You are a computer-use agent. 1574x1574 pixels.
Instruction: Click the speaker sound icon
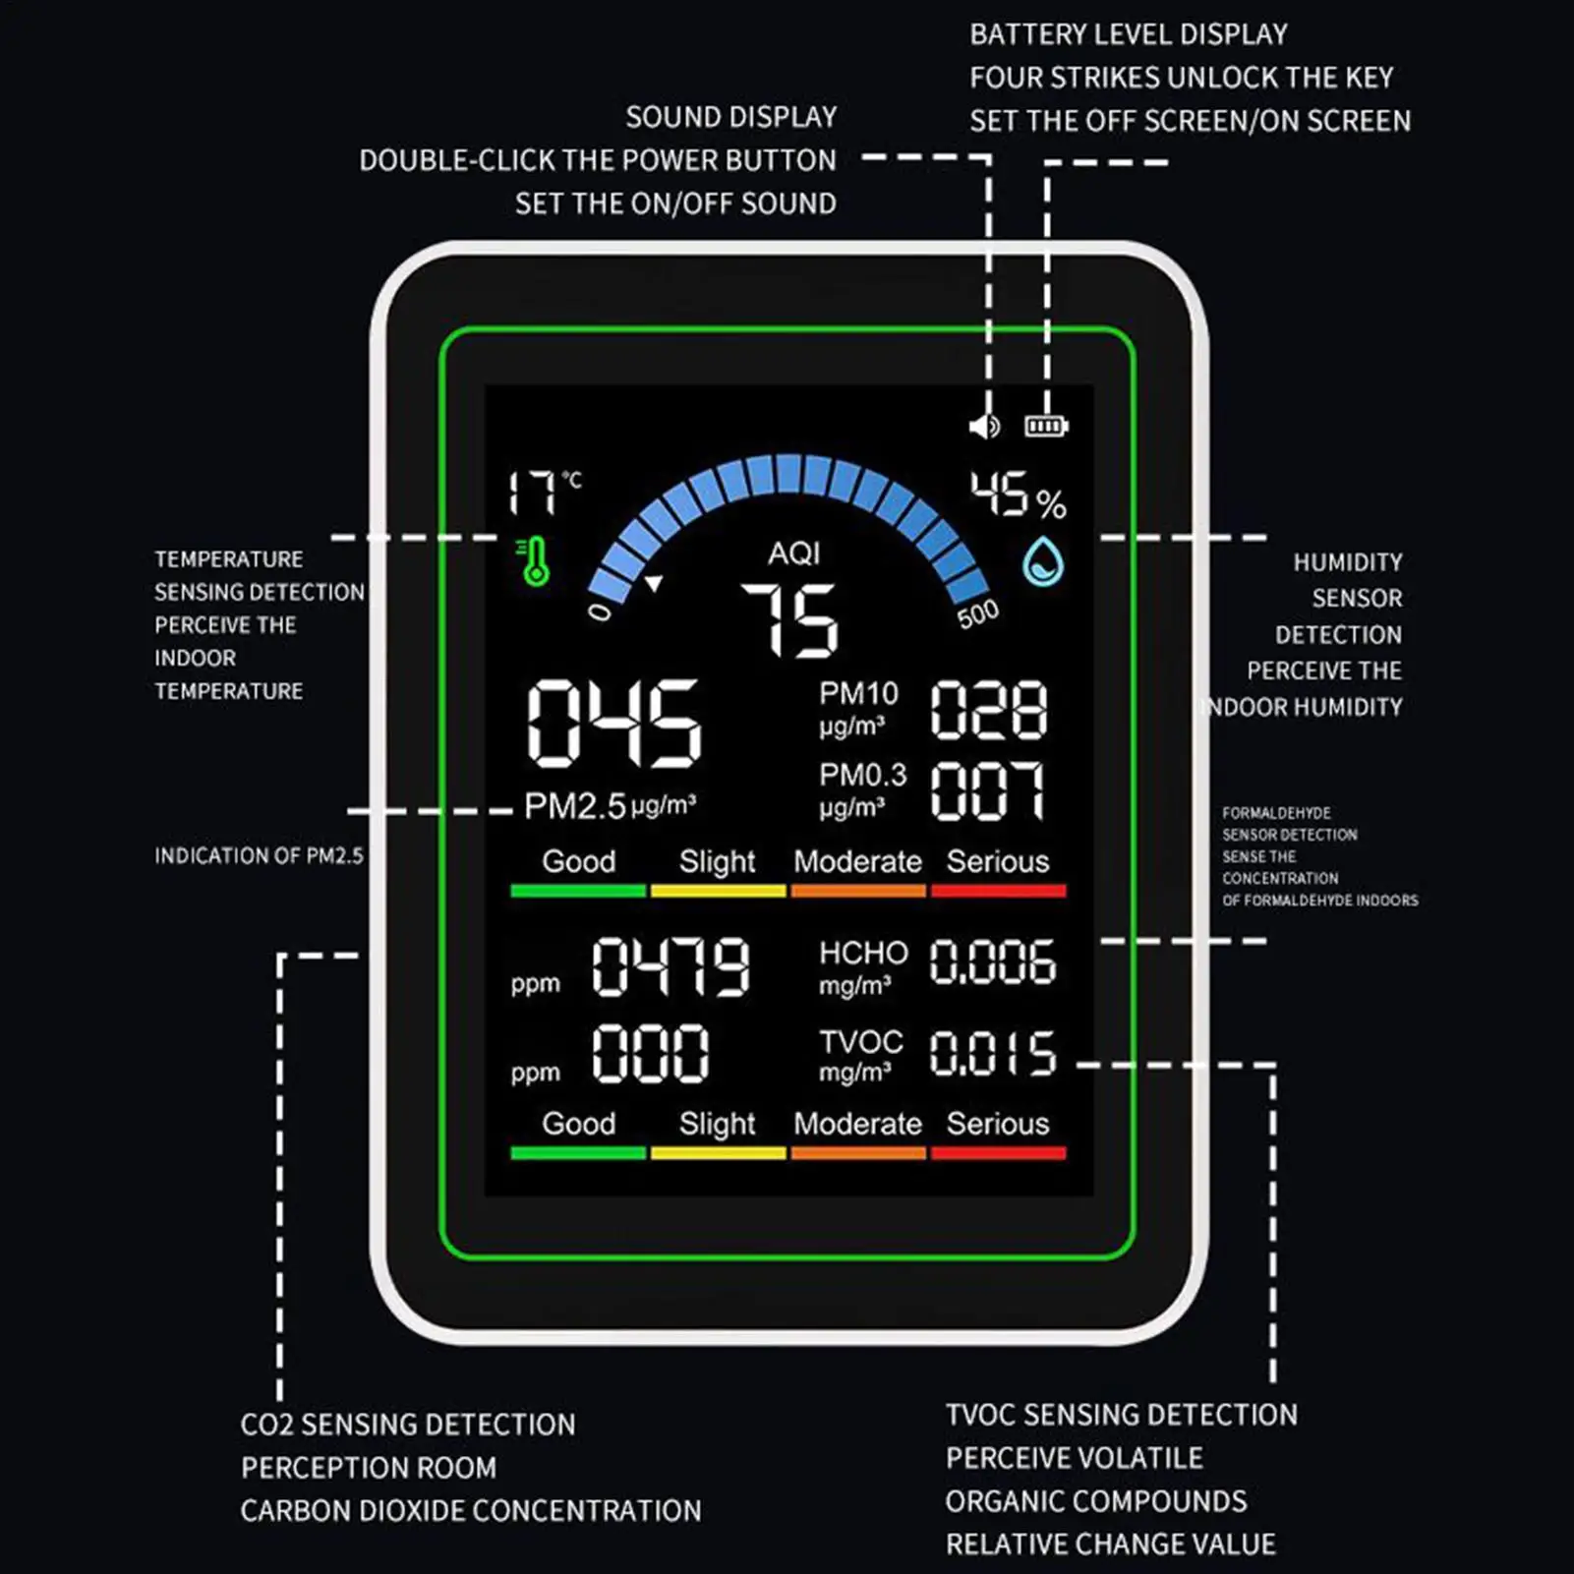(984, 426)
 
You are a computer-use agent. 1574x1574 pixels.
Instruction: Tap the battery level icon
(1046, 426)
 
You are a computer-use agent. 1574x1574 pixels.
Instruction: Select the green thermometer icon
(534, 560)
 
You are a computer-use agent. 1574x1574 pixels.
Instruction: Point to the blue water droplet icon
(1043, 561)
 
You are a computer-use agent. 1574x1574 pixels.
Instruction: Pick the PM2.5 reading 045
(614, 723)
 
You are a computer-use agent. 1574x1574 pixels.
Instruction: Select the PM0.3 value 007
(988, 790)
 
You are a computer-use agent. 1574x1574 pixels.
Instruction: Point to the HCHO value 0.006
(993, 962)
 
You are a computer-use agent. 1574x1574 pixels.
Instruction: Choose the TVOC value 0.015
(993, 1052)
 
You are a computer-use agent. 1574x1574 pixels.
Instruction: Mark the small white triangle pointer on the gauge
(654, 584)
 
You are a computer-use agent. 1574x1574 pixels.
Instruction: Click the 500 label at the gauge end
(978, 614)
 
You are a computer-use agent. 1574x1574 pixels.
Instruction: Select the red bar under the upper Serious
(998, 891)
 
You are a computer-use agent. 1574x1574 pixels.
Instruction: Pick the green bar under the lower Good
(578, 1153)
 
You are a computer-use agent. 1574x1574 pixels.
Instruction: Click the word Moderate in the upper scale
(857, 861)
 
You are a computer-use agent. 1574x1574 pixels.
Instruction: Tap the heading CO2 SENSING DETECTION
(408, 1425)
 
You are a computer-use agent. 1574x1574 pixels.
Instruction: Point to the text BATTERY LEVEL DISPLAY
(1129, 34)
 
